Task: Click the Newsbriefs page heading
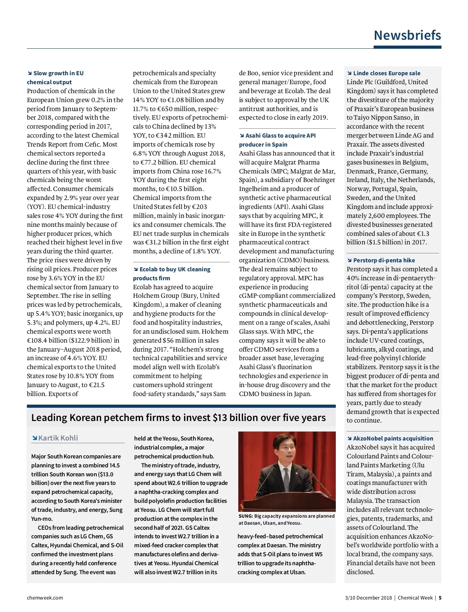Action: coord(407,35)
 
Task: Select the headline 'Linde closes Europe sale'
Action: coord(386,73)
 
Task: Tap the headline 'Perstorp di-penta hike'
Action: coord(384,260)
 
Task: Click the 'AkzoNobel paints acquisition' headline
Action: coord(393,439)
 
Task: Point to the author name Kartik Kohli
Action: coord(58,438)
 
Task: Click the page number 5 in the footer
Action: coord(440,598)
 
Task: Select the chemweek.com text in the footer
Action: coord(45,598)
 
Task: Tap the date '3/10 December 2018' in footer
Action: coord(368,598)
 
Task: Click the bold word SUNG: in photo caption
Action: coord(246,516)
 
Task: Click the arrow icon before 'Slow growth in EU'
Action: coord(30,73)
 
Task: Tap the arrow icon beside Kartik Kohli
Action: coord(35,438)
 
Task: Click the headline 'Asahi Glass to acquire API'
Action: coord(280,136)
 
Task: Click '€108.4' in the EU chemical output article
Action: coord(37,340)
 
